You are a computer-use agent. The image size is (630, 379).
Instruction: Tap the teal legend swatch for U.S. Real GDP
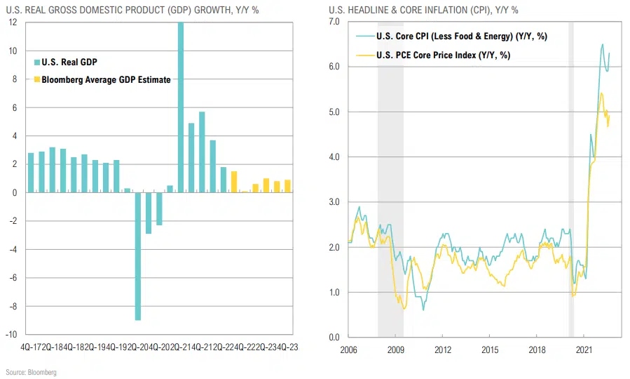(36, 62)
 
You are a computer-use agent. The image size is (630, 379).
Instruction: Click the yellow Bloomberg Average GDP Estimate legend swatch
(36, 79)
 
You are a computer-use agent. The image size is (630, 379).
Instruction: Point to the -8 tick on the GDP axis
(13, 305)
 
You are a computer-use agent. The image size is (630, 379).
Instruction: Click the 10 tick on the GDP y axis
(13, 51)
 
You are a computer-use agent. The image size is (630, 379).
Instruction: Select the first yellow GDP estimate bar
(234, 182)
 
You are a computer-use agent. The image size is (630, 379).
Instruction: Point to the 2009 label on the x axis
(396, 349)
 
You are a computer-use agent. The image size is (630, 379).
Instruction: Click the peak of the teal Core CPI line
(603, 44)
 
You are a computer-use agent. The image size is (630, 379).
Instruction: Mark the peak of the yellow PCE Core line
(601, 93)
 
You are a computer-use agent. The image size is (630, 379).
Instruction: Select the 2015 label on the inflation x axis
(491, 349)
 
